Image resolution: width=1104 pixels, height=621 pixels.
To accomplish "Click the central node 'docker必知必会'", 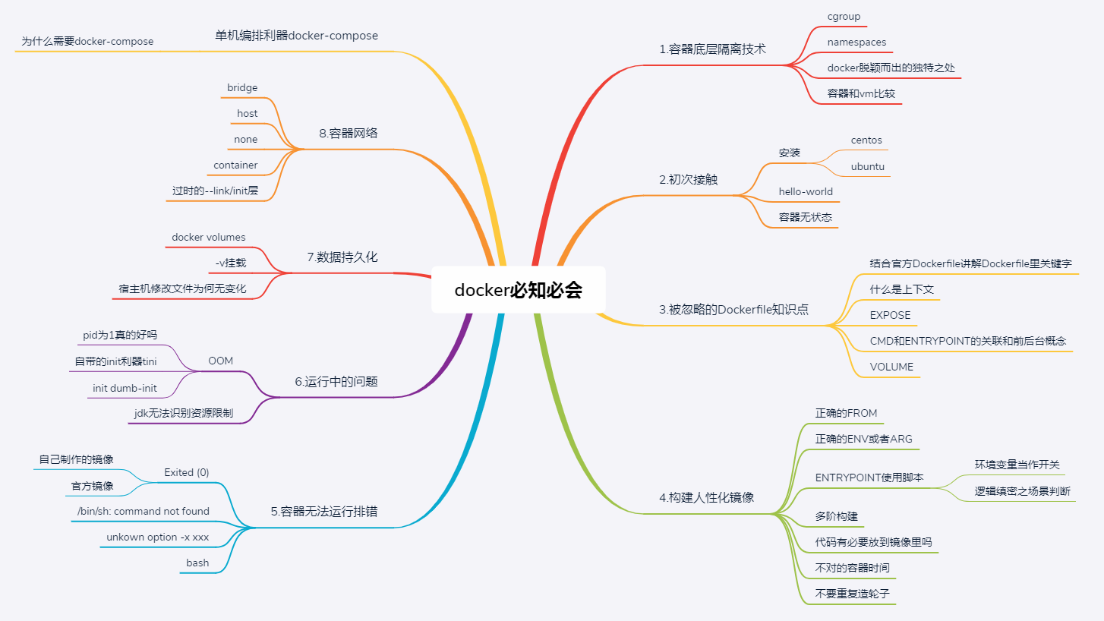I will click(x=519, y=290).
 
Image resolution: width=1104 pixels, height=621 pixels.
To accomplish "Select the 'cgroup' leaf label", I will click(x=844, y=16).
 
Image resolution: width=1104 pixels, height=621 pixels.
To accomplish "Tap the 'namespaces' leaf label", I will click(x=856, y=43).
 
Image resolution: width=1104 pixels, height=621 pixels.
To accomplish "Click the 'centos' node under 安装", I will click(x=866, y=140).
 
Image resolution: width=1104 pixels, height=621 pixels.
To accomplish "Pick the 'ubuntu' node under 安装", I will click(x=867, y=166).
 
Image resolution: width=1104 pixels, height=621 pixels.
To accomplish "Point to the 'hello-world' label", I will click(x=806, y=191).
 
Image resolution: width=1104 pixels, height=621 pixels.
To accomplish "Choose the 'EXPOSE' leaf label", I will click(x=890, y=315).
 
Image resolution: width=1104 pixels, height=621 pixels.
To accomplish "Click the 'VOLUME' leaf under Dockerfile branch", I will click(x=891, y=367).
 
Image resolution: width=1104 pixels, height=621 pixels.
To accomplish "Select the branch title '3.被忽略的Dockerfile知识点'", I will click(x=733, y=309).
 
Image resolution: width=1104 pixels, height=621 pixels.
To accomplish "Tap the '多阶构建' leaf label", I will click(x=837, y=516).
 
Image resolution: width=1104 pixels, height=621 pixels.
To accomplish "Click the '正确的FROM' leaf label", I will click(x=846, y=413).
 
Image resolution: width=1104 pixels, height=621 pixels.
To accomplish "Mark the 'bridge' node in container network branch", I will click(x=242, y=88).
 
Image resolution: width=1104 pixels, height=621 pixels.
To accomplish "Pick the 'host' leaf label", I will click(x=247, y=114).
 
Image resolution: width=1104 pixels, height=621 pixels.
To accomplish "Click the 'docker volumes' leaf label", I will click(x=209, y=238).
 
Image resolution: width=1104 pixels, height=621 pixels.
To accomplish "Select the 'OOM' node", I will click(x=221, y=361).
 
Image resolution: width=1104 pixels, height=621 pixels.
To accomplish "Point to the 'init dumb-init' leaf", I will click(x=125, y=388).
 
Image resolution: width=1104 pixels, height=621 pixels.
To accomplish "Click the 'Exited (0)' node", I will click(x=187, y=472).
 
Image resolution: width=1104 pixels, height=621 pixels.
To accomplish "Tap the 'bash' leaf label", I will click(x=197, y=563).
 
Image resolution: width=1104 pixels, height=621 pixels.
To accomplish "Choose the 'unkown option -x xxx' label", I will click(x=158, y=537).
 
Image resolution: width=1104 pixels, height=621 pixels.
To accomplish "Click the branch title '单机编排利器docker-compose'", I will click(x=297, y=36).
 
